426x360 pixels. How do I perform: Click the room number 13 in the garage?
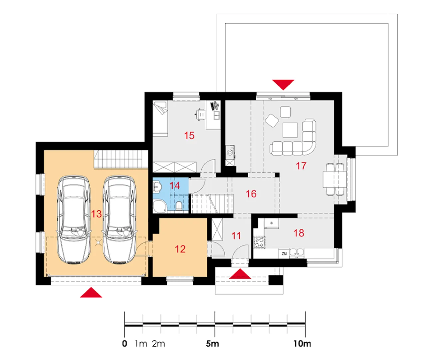pyautogui.click(x=96, y=214)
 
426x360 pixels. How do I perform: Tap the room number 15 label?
pyautogui.click(x=189, y=136)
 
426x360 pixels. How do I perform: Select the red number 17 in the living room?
pyautogui.click(x=301, y=166)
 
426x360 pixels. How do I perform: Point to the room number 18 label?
pyautogui.click(x=299, y=233)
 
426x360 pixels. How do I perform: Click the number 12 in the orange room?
pyautogui.click(x=180, y=249)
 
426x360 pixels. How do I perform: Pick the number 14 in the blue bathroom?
pyautogui.click(x=175, y=186)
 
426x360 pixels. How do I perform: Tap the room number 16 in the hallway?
pyautogui.click(x=251, y=194)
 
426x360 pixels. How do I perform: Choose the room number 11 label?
pyautogui.click(x=236, y=236)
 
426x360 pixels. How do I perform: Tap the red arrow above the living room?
pyautogui.click(x=283, y=84)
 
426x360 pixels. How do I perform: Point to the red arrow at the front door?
pyautogui.click(x=240, y=274)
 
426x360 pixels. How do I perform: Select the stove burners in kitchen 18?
pyautogui.click(x=259, y=242)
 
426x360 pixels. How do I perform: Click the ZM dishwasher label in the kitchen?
pyautogui.click(x=284, y=254)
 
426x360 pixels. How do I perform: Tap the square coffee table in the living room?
pyautogui.click(x=290, y=130)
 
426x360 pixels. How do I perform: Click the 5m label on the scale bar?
pyautogui.click(x=212, y=344)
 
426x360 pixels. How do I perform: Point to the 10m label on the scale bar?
pyautogui.click(x=302, y=344)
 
